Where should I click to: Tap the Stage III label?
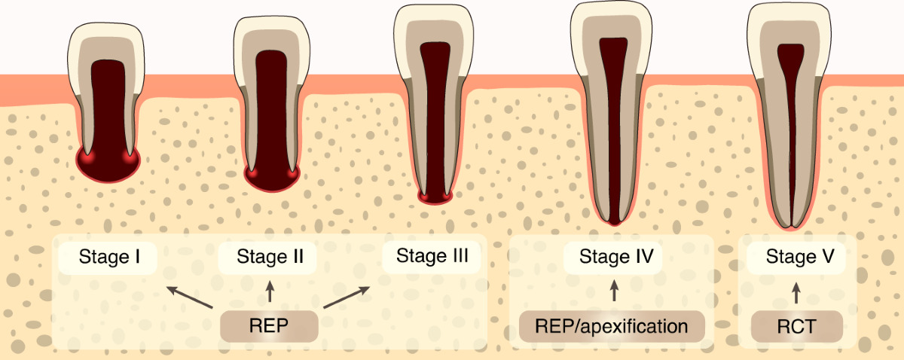(432, 256)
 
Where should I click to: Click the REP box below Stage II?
(269, 327)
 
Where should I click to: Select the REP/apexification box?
(612, 327)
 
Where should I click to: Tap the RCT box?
(796, 327)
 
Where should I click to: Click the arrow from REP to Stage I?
(189, 297)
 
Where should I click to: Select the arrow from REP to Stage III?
(349, 297)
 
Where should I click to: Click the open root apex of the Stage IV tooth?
(615, 220)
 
